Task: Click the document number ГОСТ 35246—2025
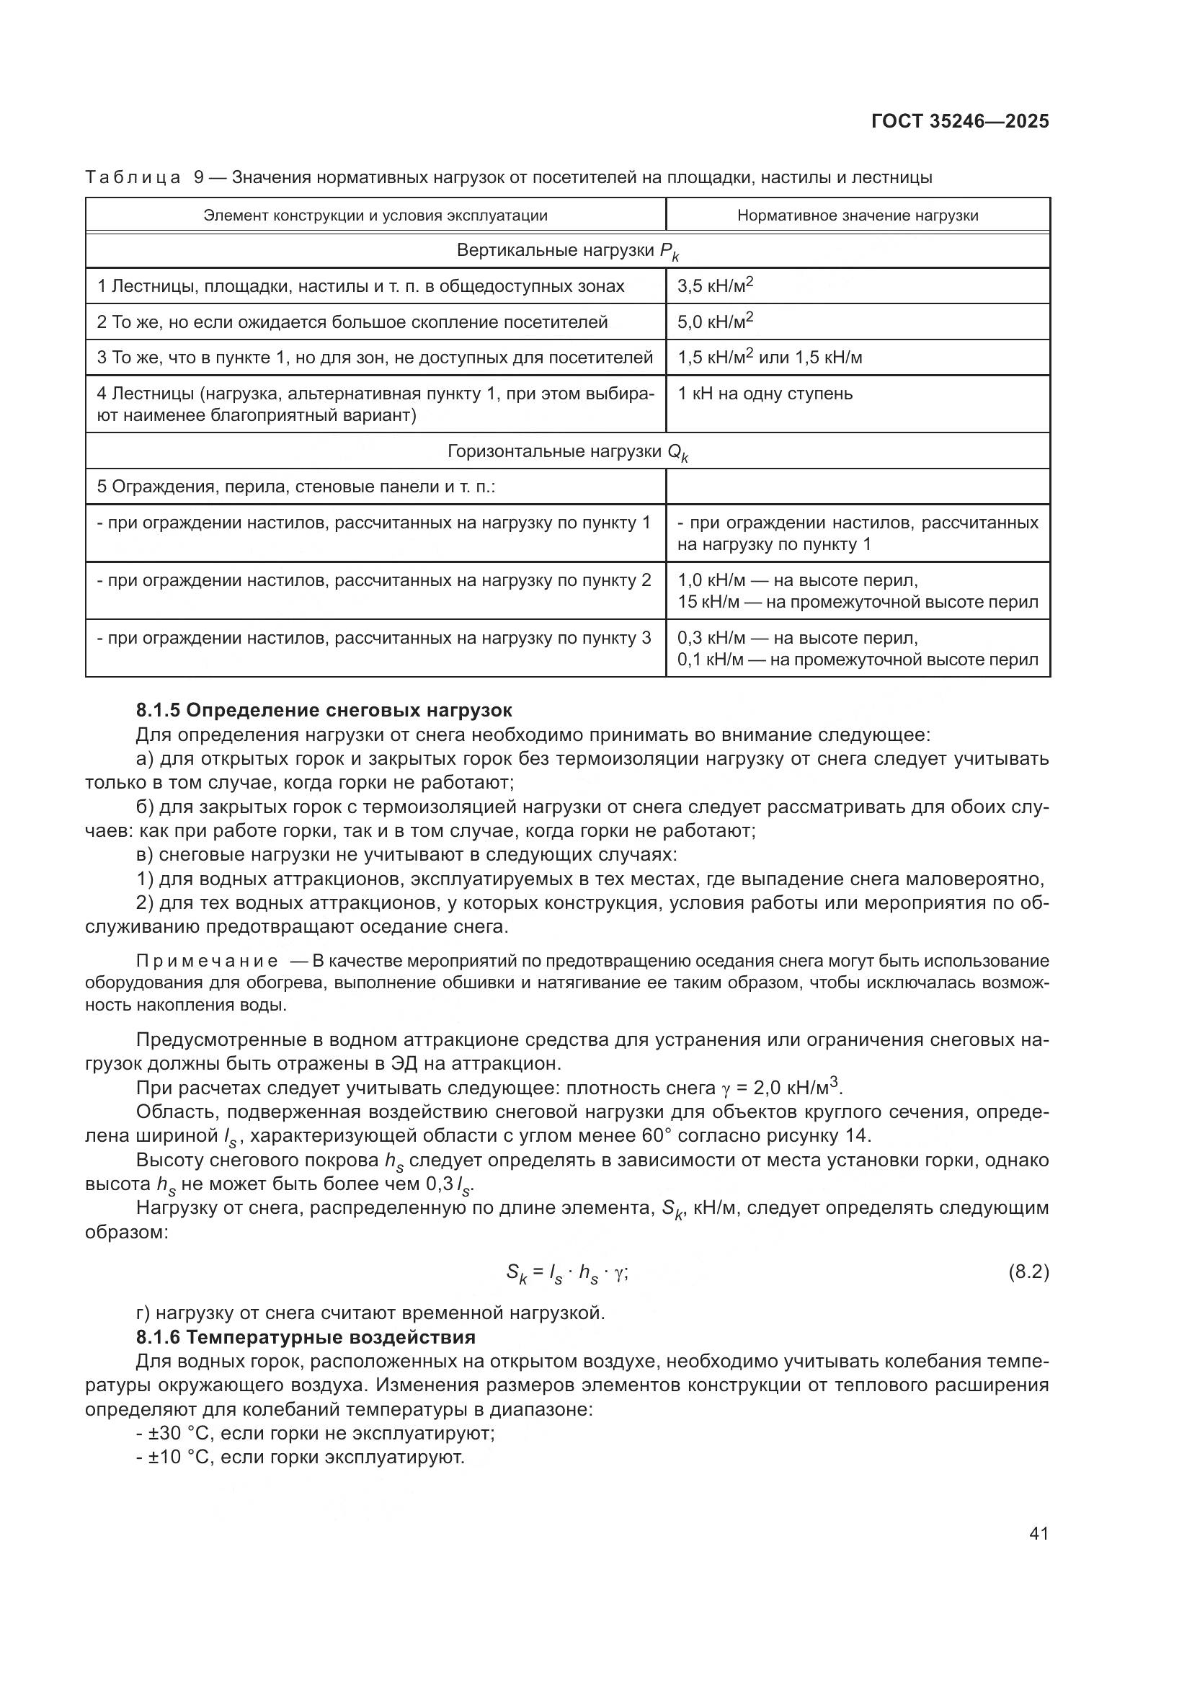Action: [x=960, y=121]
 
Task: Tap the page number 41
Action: [x=1038, y=1533]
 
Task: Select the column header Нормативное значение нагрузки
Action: [x=858, y=215]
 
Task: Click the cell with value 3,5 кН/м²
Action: [x=716, y=286]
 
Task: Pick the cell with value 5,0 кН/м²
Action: [x=716, y=321]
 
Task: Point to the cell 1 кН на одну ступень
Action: [x=765, y=394]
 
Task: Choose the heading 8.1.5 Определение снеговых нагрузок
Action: [x=324, y=710]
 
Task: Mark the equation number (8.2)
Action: [x=1028, y=1272]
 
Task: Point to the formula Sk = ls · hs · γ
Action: [x=566, y=1273]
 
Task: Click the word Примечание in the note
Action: [x=207, y=962]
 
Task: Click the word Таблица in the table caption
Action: [x=133, y=177]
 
